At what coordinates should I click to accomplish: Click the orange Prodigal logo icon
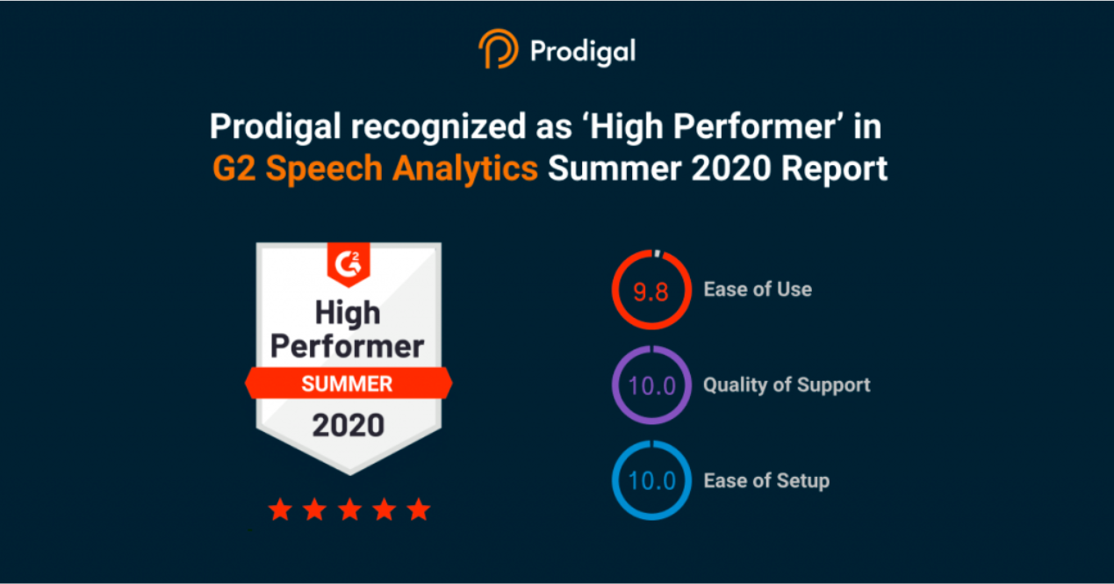tap(499, 50)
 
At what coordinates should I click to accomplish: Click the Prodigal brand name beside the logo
tap(582, 52)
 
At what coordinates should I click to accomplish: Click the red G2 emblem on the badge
tap(349, 263)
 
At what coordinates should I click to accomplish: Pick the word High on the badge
tap(348, 313)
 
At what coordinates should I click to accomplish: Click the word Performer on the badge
tap(348, 346)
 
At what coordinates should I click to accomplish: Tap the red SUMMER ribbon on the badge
tap(348, 384)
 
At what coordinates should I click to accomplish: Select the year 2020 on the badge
tap(349, 426)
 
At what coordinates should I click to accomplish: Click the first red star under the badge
tap(279, 509)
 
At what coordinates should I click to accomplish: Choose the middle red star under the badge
tap(349, 509)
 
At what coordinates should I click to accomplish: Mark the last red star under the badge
tap(419, 509)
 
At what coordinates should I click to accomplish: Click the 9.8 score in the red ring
tap(651, 291)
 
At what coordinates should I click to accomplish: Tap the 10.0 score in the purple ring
tap(651, 386)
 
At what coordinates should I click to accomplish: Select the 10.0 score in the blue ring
tap(651, 481)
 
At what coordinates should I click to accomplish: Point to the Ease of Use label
tap(758, 289)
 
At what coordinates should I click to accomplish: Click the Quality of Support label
tap(787, 385)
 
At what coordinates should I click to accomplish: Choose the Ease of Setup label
tap(766, 480)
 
